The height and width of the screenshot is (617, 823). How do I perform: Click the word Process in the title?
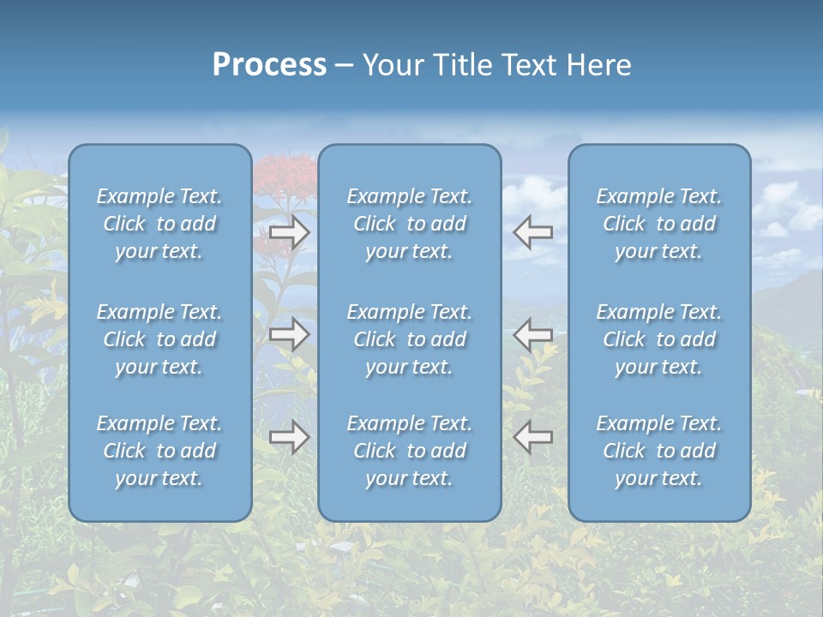click(x=269, y=65)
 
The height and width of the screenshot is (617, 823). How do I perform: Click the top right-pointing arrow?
click(x=290, y=232)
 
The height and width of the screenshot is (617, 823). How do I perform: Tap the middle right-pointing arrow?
click(x=290, y=334)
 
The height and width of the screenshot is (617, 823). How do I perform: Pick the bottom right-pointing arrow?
click(x=290, y=437)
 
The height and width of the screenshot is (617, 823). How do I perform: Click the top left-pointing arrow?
click(x=533, y=232)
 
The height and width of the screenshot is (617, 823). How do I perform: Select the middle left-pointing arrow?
click(x=533, y=334)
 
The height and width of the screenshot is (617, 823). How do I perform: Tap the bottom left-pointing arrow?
click(x=533, y=437)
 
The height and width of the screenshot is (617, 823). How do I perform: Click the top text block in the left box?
click(x=159, y=224)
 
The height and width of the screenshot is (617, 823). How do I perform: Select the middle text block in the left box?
click(x=159, y=339)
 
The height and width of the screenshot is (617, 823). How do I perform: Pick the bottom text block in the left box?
click(x=159, y=451)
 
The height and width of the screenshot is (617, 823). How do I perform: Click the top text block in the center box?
click(x=409, y=224)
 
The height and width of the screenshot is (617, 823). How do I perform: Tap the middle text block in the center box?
click(x=409, y=339)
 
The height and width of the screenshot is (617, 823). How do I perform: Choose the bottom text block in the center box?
click(x=409, y=451)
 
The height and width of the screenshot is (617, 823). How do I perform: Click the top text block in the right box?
click(x=658, y=224)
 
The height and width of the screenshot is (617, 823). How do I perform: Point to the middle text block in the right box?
click(x=658, y=339)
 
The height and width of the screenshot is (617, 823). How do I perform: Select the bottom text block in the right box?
click(x=658, y=451)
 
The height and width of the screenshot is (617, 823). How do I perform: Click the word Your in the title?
click(x=393, y=65)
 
